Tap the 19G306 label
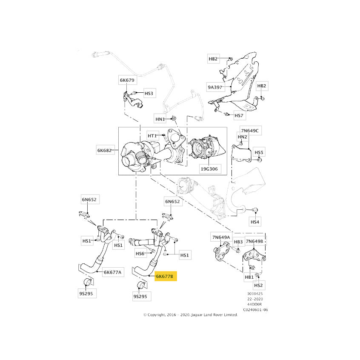210,169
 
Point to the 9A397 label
215,87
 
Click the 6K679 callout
127,80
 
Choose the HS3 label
149,94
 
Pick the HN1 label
160,119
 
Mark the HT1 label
152,136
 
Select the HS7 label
240,115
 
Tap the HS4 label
255,222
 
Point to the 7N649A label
222,237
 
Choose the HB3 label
239,242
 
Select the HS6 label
140,254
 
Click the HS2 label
259,285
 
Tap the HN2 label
243,137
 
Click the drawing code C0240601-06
256,309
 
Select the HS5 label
259,152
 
